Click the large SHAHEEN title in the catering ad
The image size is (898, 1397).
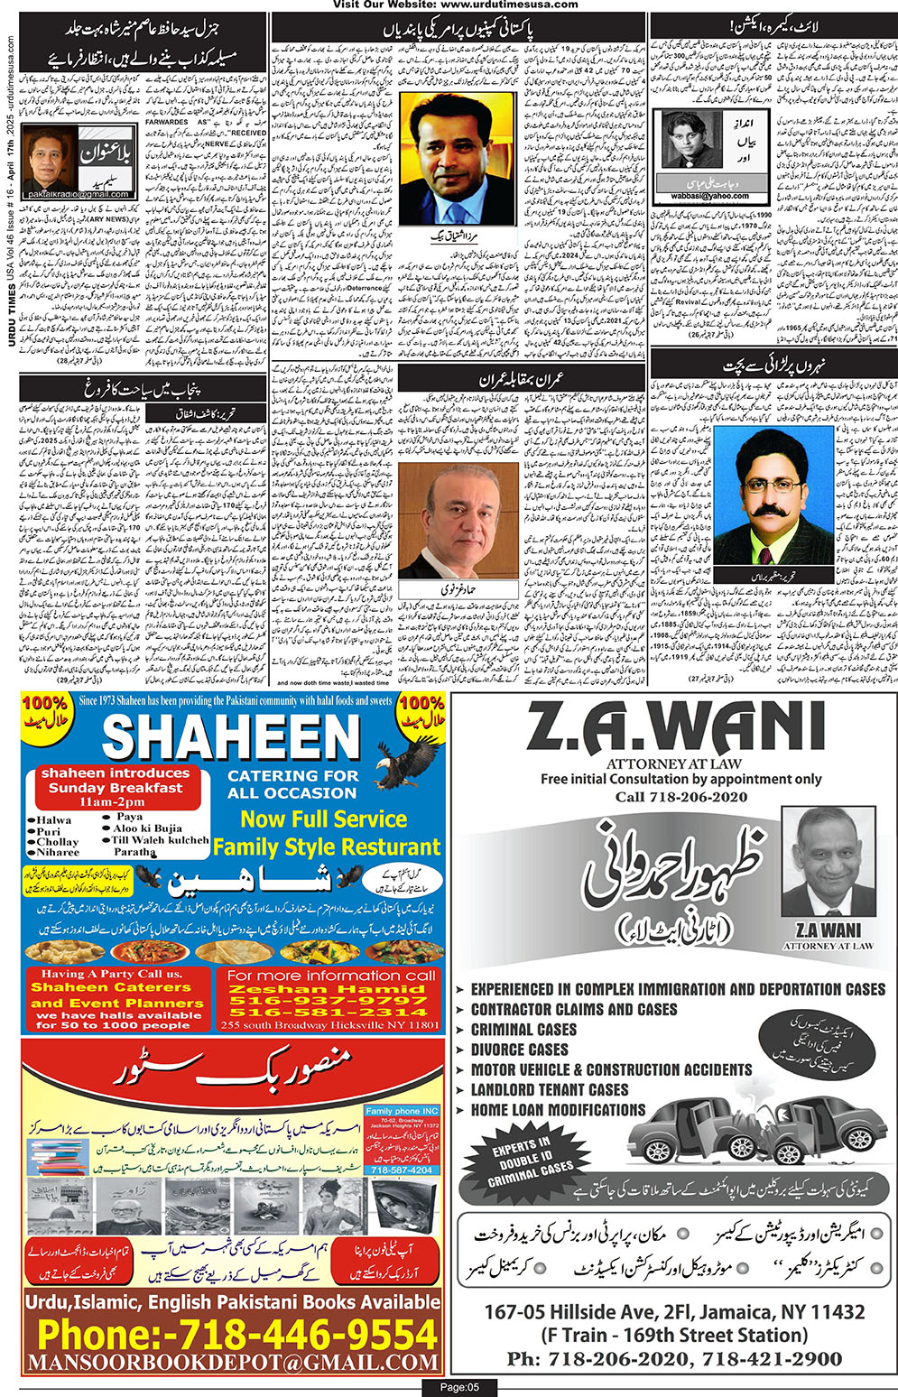click(231, 738)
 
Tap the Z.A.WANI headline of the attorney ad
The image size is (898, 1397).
click(676, 727)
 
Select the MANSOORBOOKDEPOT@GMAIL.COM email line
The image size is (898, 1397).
click(233, 1362)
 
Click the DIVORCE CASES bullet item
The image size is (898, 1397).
click(519, 1050)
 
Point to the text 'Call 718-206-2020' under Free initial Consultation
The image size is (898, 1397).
click(680, 797)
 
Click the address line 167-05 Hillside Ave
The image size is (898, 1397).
click(674, 1311)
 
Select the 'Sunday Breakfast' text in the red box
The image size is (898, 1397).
click(116, 788)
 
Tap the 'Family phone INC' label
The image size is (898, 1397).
click(402, 1111)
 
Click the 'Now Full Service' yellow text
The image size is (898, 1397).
click(323, 819)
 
